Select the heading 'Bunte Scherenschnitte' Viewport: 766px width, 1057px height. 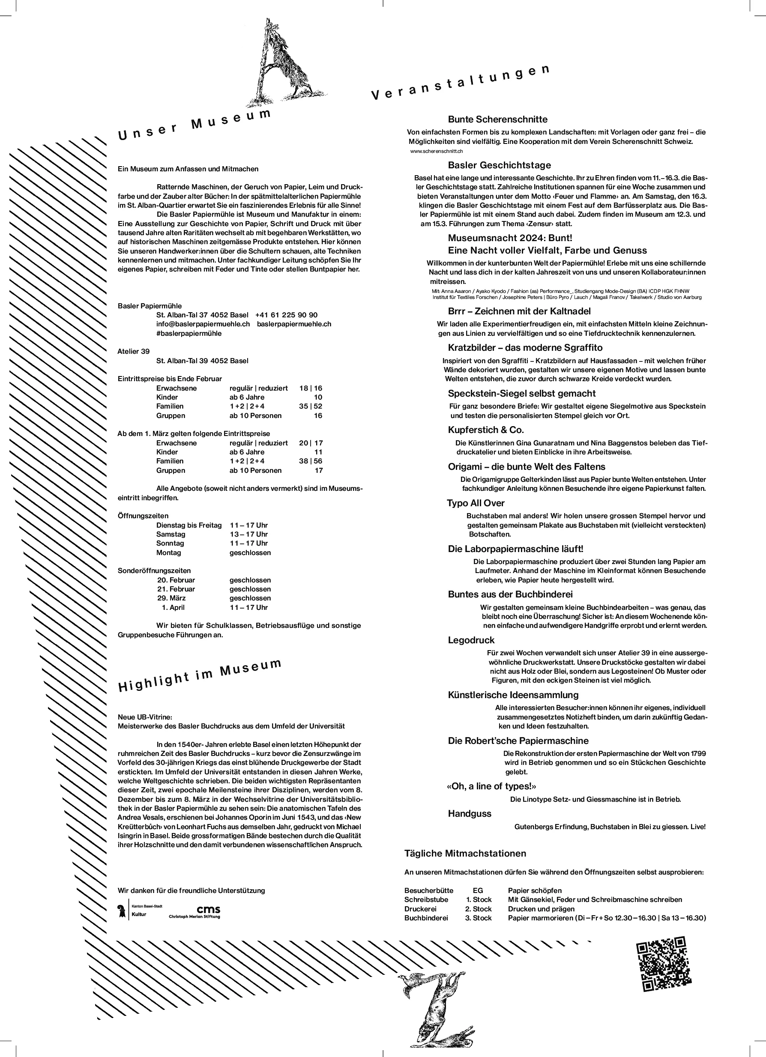point(497,119)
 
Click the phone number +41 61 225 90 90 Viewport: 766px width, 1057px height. point(286,315)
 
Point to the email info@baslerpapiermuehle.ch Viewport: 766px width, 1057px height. point(203,324)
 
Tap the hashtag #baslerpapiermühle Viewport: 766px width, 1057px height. point(189,333)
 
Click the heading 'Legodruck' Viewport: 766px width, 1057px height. point(471,640)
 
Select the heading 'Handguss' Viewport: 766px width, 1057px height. point(470,813)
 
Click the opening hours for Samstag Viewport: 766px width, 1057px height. point(248,534)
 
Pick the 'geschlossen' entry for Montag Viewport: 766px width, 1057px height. point(250,553)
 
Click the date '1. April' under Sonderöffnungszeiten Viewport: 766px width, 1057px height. point(173,607)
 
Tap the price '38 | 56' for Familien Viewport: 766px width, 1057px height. point(311,461)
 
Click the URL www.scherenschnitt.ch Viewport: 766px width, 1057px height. point(437,151)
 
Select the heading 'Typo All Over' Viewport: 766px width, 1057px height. point(476,503)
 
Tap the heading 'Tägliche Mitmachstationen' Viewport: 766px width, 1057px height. point(465,853)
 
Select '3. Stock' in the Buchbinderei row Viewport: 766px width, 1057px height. point(479,918)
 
